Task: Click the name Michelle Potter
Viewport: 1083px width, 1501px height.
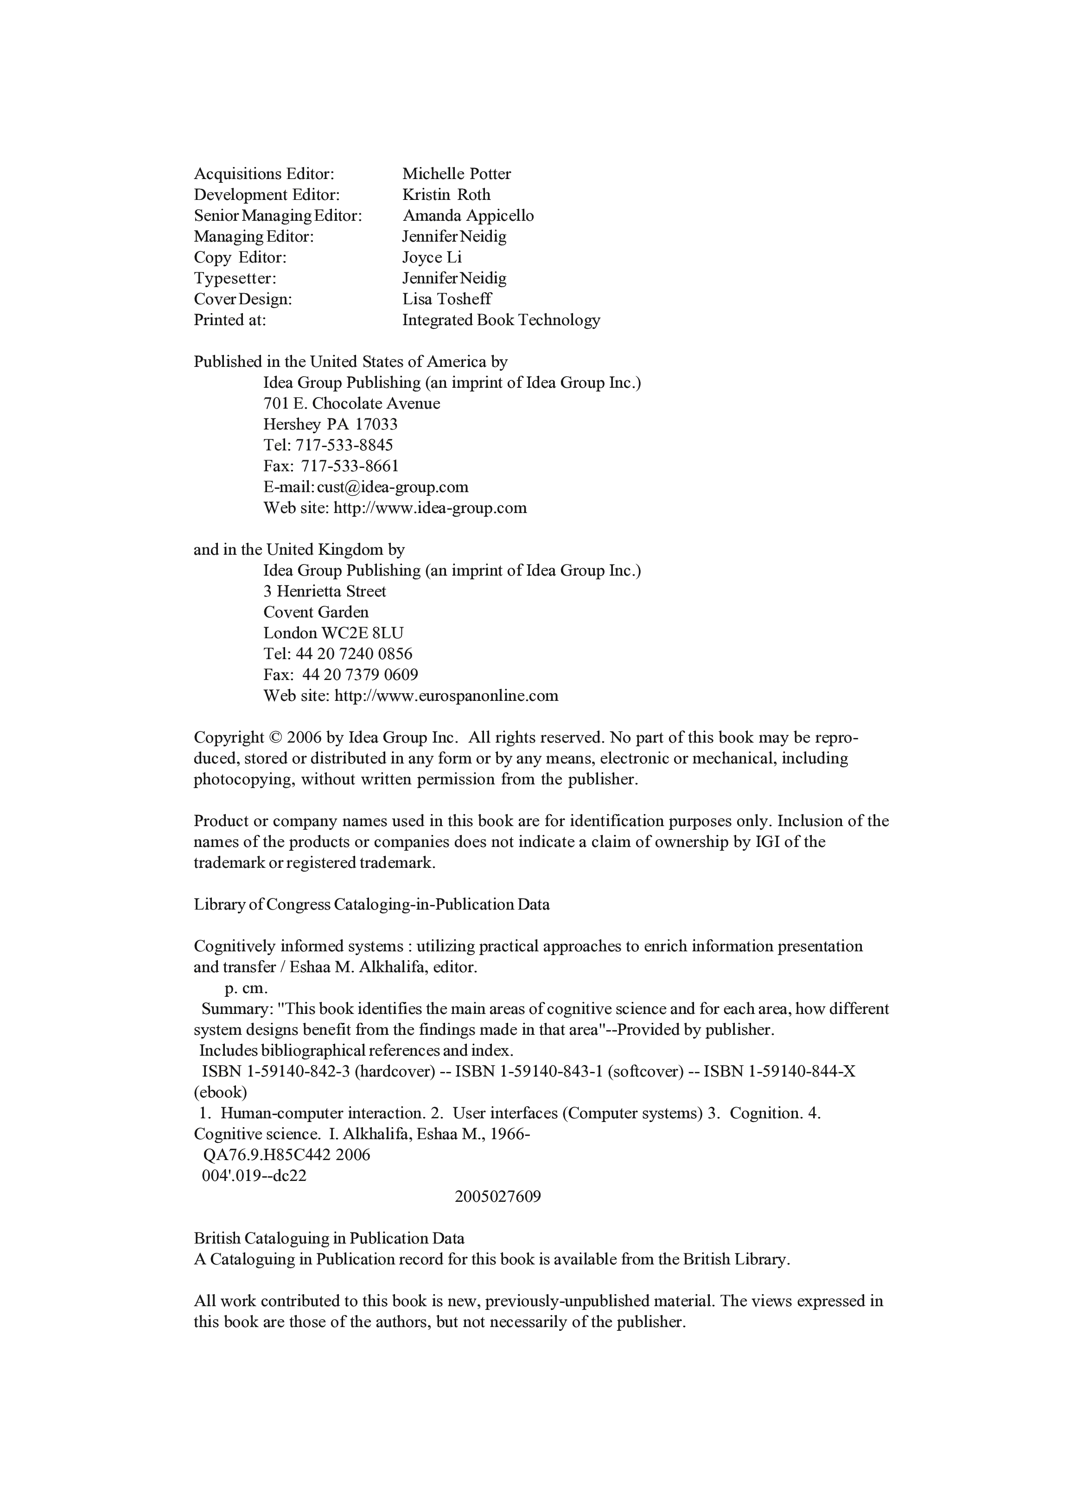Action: (457, 174)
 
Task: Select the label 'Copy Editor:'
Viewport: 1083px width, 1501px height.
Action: (240, 257)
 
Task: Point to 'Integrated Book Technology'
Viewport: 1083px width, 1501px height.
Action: (501, 321)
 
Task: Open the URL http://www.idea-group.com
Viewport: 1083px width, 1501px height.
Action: (430, 508)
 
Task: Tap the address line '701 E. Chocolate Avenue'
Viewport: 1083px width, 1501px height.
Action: (351, 404)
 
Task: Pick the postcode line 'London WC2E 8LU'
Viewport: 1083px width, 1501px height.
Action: (333, 633)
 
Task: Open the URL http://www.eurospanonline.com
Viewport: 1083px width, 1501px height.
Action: (446, 696)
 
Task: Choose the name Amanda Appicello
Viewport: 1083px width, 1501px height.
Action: (468, 216)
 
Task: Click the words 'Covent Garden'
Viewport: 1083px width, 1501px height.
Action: (316, 612)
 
